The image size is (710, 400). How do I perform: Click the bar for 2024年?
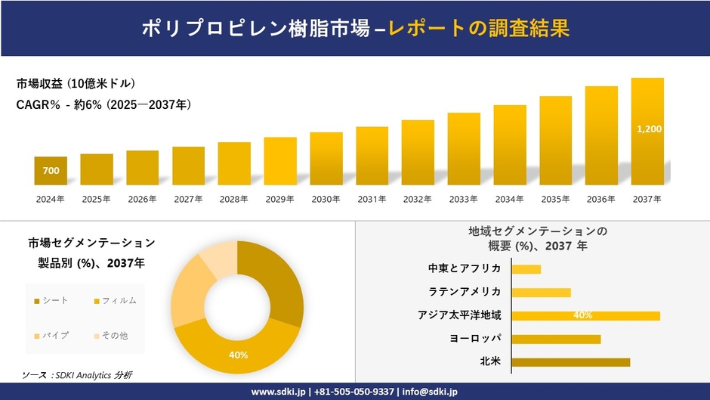51,171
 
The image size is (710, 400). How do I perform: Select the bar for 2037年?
647,131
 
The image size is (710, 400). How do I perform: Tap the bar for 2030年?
326,158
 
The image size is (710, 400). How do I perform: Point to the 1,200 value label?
649,129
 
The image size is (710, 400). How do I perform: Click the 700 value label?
51,171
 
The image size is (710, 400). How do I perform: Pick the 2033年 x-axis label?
463,200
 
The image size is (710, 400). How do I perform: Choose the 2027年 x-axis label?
188,200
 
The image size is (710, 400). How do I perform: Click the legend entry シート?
54,301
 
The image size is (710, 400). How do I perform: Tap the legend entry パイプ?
54,335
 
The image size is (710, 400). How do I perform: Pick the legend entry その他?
114,335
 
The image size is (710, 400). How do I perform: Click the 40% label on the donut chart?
238,354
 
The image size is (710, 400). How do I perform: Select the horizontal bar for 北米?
570,362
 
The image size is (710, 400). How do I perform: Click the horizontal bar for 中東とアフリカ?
526,269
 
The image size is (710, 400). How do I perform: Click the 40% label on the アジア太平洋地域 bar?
582,315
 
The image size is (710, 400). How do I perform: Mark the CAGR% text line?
103,105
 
